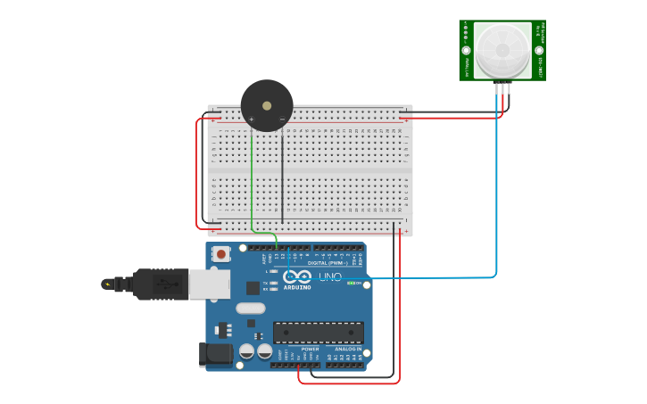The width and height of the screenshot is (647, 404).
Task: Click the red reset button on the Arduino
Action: click(x=220, y=254)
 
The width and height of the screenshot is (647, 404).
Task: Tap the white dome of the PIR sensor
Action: click(x=502, y=50)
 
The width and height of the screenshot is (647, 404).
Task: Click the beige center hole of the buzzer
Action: click(x=267, y=105)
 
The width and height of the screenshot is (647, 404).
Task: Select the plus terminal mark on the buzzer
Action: click(x=252, y=120)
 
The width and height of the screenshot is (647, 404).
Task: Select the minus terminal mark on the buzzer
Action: click(x=282, y=120)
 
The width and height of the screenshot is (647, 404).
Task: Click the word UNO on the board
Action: click(x=330, y=276)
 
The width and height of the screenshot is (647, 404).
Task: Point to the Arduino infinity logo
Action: click(x=296, y=276)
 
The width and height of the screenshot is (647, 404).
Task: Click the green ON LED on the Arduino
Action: click(x=352, y=284)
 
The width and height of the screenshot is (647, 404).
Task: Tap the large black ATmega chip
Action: click(x=318, y=333)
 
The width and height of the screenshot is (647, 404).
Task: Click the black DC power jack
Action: click(x=215, y=354)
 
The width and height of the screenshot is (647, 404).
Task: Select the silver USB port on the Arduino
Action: click(x=209, y=284)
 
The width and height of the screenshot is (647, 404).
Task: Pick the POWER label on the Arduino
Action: click(x=310, y=349)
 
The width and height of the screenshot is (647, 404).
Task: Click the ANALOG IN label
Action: click(x=347, y=349)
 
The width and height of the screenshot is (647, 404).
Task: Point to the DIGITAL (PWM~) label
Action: click(x=329, y=262)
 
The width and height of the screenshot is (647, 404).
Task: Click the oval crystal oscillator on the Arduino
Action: click(x=251, y=309)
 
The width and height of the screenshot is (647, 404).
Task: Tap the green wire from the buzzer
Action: click(x=252, y=187)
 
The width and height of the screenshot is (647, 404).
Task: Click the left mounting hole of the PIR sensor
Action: click(x=466, y=51)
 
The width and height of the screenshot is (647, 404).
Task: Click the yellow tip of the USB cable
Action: click(x=108, y=284)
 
